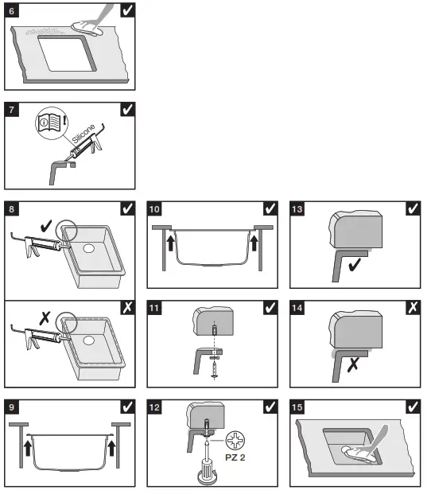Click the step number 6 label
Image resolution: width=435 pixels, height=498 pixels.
[x=11, y=11]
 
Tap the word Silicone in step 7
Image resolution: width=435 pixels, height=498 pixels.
[x=84, y=134]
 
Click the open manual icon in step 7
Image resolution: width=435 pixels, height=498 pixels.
[x=49, y=123]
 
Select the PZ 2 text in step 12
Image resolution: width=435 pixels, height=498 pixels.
[x=235, y=457]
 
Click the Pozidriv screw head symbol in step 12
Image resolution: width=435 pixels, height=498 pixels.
[x=235, y=440]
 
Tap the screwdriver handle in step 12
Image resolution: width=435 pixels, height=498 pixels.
[x=208, y=473]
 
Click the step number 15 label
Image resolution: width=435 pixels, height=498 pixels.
[x=297, y=407]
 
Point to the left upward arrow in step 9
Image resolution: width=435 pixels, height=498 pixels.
[x=28, y=448]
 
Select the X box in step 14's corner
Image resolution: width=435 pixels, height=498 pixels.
[x=413, y=308]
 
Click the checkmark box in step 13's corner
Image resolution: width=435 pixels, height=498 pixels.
[x=413, y=208]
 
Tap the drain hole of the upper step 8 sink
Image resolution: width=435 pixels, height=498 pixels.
[x=88, y=248]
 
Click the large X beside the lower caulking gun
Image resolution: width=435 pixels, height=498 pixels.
[x=45, y=318]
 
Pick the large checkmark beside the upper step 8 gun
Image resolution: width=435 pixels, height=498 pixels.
[x=46, y=226]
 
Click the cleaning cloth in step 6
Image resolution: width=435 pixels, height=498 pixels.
[x=87, y=29]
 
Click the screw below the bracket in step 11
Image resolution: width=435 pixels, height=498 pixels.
[x=215, y=370]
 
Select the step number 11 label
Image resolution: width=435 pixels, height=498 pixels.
[x=154, y=308]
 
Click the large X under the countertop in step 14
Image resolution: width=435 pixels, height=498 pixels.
[x=353, y=365]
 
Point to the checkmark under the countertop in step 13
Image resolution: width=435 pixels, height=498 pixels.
[x=355, y=265]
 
